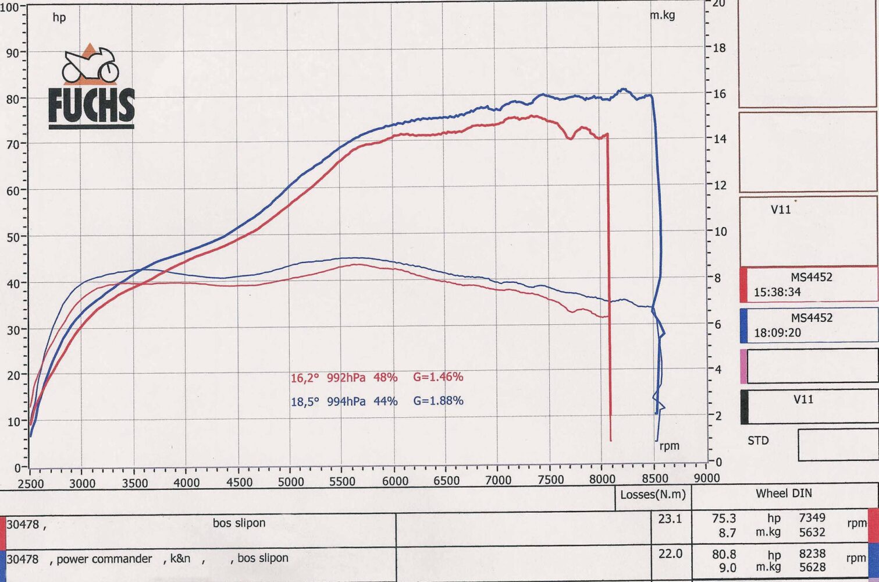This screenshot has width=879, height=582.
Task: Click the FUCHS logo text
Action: click(91, 106)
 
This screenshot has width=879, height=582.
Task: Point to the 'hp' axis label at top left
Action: click(59, 17)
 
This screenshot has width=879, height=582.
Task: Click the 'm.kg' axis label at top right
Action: click(663, 15)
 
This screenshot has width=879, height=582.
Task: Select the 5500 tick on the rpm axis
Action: click(342, 481)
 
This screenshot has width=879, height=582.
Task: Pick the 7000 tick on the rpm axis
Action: click(499, 480)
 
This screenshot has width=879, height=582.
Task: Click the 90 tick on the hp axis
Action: click(13, 52)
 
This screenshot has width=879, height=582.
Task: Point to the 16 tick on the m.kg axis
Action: click(719, 94)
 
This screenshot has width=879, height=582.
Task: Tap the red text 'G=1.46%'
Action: click(438, 377)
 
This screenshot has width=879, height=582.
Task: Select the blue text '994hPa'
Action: click(346, 401)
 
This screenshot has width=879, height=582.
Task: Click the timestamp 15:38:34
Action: click(777, 292)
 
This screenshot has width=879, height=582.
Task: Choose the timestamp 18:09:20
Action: click(777, 333)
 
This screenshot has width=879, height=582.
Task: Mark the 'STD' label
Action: click(758, 441)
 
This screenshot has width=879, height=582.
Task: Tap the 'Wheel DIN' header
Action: click(784, 494)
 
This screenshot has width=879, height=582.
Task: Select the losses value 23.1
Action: click(670, 519)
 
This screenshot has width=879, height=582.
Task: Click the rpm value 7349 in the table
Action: click(812, 517)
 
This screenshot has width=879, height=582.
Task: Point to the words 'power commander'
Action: click(104, 559)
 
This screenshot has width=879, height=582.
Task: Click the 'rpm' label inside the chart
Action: click(669, 446)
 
